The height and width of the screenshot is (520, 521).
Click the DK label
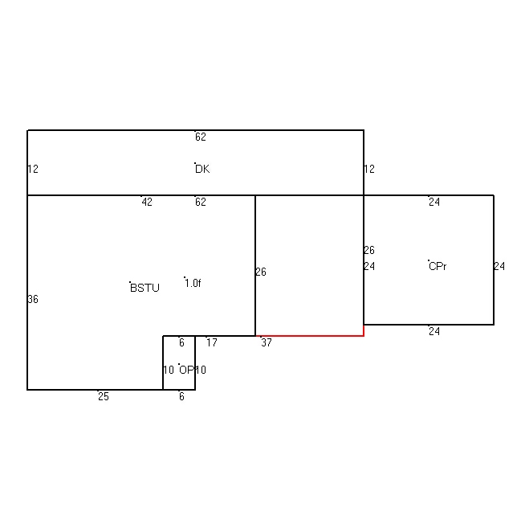click(202, 169)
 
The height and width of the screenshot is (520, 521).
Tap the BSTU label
click(144, 288)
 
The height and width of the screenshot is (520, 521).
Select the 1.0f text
click(193, 283)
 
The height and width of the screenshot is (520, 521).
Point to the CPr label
click(438, 266)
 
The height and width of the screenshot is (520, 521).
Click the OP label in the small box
click(186, 370)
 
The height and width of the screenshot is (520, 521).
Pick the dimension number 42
click(147, 202)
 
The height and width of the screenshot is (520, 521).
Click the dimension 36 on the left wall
click(33, 300)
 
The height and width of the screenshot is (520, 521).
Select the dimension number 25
click(104, 396)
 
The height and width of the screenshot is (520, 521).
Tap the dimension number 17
click(212, 342)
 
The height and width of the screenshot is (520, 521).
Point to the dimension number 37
click(267, 342)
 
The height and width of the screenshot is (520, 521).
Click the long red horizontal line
click(310, 336)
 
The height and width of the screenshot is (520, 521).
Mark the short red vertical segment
click(364, 330)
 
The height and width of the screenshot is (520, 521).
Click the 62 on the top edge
click(201, 137)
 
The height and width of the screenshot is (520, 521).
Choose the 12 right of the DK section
click(369, 169)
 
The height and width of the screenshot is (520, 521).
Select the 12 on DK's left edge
click(33, 169)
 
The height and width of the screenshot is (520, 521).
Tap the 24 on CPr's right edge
click(499, 266)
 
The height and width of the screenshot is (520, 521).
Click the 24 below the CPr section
click(434, 331)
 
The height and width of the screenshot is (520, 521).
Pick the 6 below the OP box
click(181, 396)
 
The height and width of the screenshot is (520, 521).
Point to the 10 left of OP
click(169, 370)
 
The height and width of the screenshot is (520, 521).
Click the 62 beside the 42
click(201, 202)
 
